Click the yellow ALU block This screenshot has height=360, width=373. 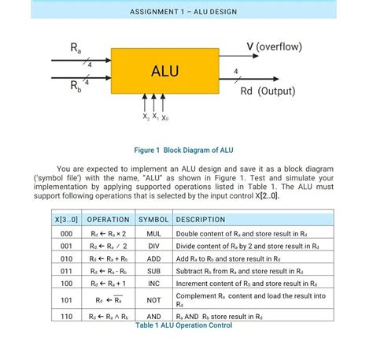[164, 71]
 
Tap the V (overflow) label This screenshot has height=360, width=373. [274, 46]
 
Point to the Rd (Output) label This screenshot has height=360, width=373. [268, 91]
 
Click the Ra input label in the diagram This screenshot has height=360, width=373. [76, 47]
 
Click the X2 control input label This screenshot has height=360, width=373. [146, 117]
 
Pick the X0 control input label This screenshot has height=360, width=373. [164, 117]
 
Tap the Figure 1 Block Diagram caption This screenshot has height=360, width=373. [183, 150]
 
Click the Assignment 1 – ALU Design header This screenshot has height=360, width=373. [183, 13]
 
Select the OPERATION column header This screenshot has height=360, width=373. [108, 219]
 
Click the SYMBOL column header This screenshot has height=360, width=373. [153, 219]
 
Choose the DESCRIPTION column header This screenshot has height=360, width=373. [200, 219]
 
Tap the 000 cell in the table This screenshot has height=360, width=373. [66, 234]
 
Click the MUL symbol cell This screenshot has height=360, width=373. [153, 234]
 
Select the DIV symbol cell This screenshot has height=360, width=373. [153, 246]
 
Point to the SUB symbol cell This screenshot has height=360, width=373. [153, 270]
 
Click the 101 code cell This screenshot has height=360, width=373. [66, 299]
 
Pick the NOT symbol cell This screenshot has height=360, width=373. [153, 299]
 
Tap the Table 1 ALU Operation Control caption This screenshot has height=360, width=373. [183, 325]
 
